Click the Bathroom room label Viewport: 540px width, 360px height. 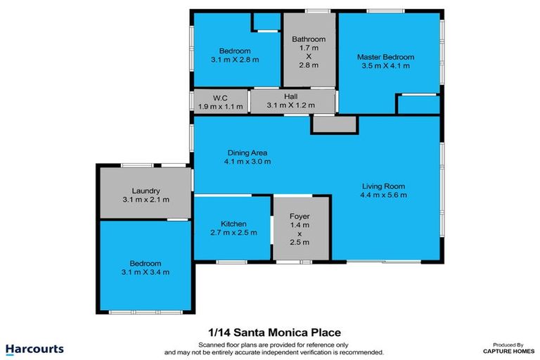[309, 39]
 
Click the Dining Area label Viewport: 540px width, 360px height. [247, 153]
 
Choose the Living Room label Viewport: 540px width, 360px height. [382, 186]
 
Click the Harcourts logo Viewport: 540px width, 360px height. [34, 349]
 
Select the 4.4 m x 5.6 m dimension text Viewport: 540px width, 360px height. [382, 195]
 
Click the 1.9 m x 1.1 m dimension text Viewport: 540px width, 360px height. [220, 106]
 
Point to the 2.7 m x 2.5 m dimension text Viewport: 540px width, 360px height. [233, 232]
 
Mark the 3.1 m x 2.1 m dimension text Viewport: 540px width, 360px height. [146, 200]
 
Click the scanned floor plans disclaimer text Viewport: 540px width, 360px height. [274, 347]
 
